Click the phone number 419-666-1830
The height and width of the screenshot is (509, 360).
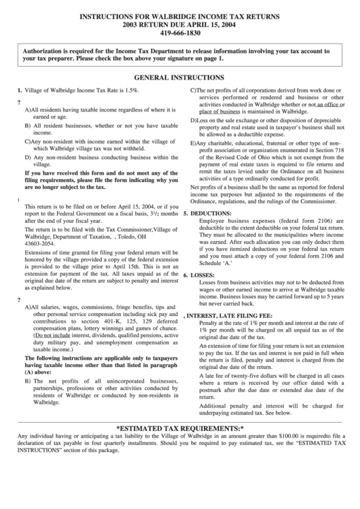tap(179, 32)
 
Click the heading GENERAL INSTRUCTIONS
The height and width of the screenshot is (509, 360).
tap(179, 78)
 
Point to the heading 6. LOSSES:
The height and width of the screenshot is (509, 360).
tap(200, 275)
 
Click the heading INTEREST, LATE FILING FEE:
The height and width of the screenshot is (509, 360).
tap(229, 315)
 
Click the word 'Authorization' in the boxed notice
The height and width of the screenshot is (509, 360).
tap(48, 51)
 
